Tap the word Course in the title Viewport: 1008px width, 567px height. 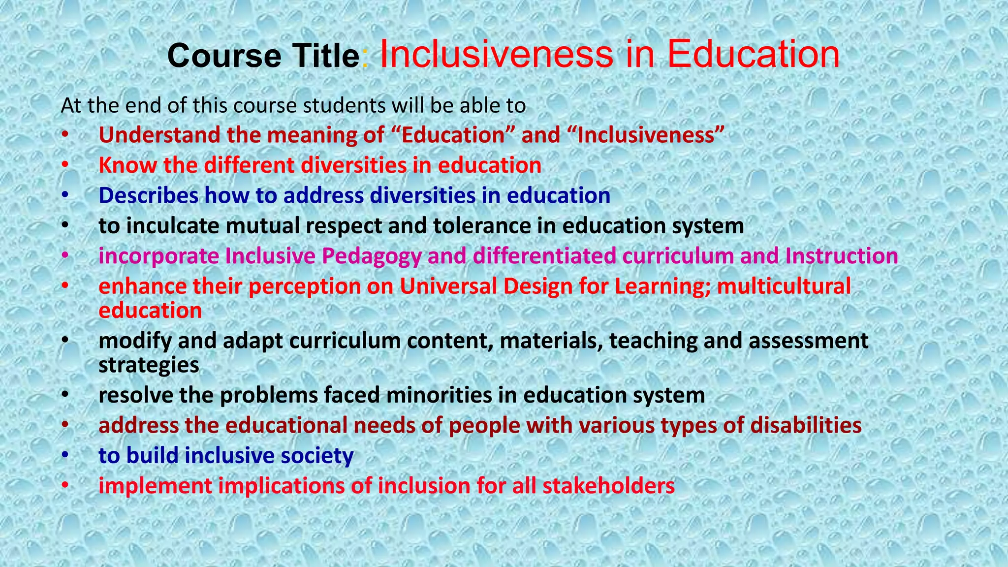(x=224, y=56)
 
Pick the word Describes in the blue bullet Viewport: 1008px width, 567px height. (x=148, y=196)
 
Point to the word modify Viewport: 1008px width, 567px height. (x=135, y=341)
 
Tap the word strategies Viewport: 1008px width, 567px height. (x=149, y=365)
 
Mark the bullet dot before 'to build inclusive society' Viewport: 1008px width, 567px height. (x=65, y=456)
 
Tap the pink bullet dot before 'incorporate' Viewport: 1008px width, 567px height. (x=65, y=256)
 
